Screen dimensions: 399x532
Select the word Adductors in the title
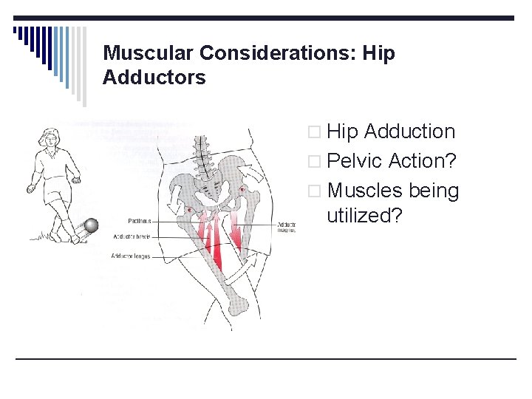(154, 77)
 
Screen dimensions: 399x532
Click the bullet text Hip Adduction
(391, 132)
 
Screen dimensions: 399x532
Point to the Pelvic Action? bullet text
(392, 161)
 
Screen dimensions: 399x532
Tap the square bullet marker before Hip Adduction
(316, 133)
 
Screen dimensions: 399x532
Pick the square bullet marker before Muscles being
(316, 192)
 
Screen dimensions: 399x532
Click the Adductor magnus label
(286, 227)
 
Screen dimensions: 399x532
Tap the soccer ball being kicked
(91, 225)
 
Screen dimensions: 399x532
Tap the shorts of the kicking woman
(55, 196)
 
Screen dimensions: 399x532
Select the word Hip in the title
(380, 53)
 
